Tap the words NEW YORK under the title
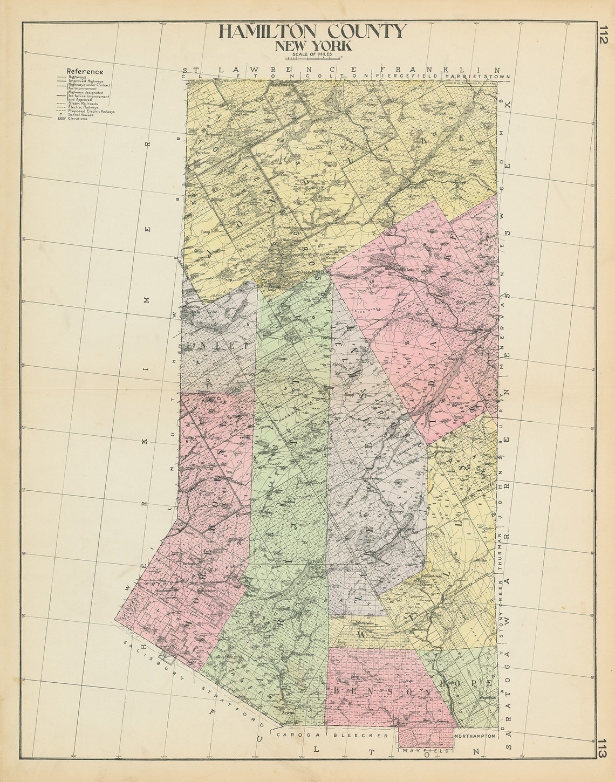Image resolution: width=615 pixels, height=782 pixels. coord(313,46)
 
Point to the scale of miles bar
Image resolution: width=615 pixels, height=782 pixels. coord(313,57)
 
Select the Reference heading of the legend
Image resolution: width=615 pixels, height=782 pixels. coord(85,71)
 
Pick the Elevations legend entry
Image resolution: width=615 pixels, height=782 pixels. coord(80,119)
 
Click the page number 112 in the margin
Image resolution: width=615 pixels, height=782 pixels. coord(603,39)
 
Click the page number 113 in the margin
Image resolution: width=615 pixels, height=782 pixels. coord(603,748)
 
